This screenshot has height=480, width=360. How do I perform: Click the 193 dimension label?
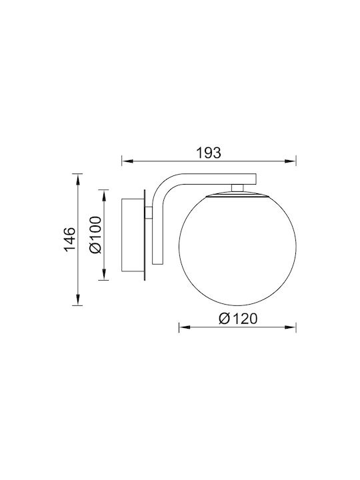click(209, 153)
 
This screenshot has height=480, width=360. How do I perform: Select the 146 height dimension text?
click(69, 239)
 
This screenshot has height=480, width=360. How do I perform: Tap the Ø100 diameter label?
click(95, 235)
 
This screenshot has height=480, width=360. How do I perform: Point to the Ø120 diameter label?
click(238, 319)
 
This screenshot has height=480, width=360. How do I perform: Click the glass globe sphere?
click(237, 249)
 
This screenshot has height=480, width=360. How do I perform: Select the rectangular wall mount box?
click(133, 235)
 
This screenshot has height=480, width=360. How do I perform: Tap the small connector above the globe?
click(237, 187)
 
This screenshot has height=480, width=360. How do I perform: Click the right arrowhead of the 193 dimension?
click(291, 161)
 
